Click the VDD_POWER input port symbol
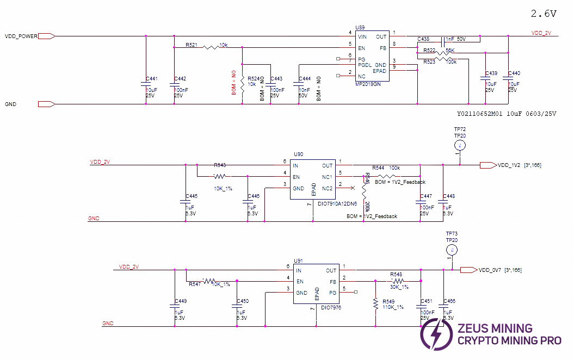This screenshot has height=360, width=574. coord(47,36)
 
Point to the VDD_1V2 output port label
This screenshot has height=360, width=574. coord(509,165)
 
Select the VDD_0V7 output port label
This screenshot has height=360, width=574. coord(490,270)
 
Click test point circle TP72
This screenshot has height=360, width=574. coord(460,145)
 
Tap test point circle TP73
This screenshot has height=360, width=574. coord(451,250)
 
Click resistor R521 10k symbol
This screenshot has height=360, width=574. coord(211,47)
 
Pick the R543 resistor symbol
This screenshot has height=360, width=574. coord(220,176)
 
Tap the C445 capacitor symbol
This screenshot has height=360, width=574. coord(186,201)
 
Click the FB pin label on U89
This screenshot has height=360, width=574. coord(383,48)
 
